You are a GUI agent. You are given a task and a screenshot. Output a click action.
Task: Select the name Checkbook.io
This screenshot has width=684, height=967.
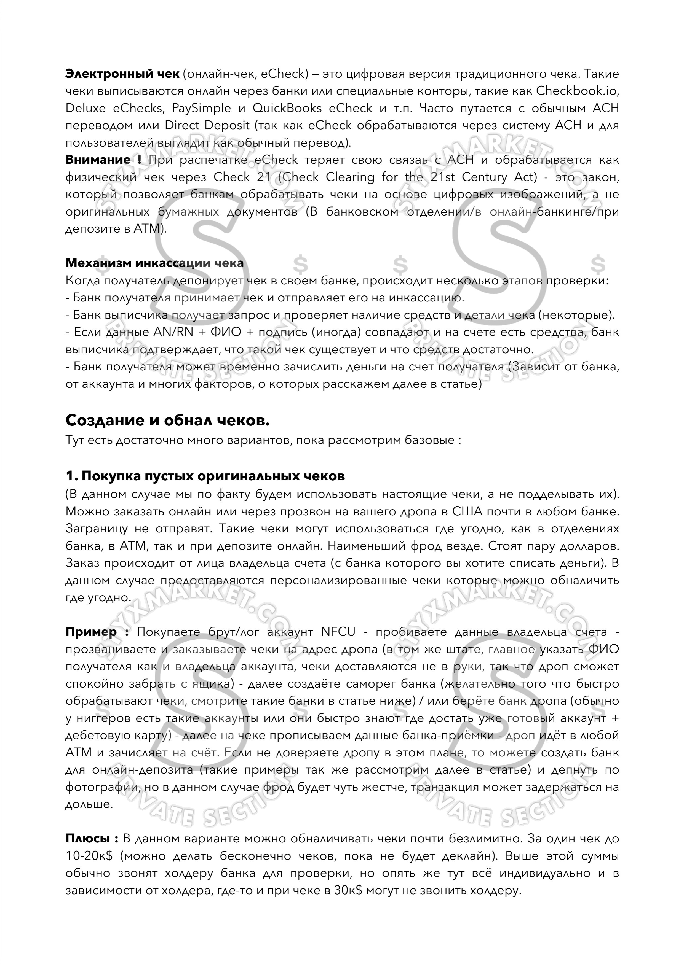click(x=577, y=91)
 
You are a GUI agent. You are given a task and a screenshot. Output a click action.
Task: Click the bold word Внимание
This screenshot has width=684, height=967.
click(x=98, y=160)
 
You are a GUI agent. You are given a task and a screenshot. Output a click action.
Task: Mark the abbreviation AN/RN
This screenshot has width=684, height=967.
click(x=173, y=332)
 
